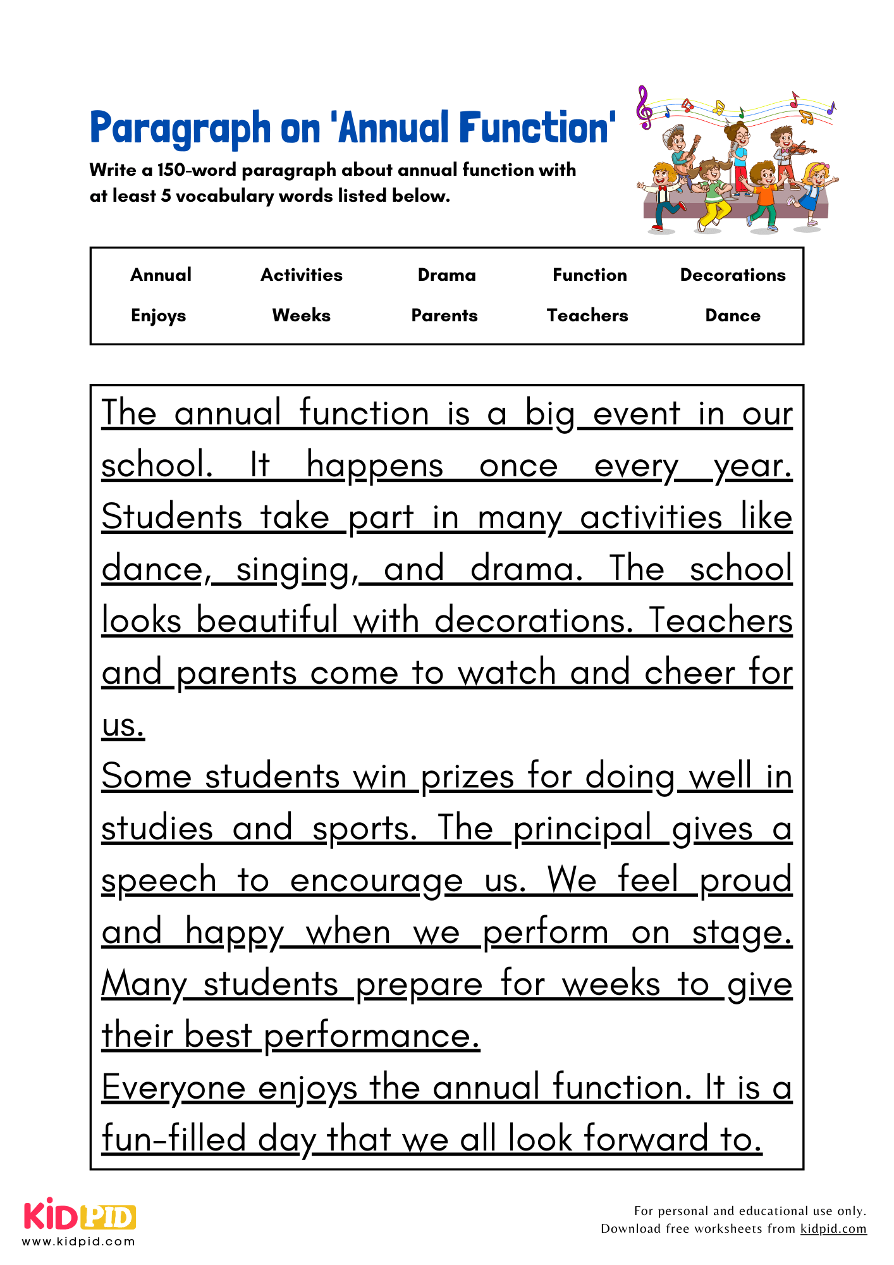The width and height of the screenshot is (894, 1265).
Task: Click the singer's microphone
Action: pyautogui.click(x=733, y=149)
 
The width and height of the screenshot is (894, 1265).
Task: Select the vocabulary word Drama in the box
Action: pyautogui.click(x=446, y=275)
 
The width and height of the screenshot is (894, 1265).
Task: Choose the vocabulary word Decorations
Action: pyautogui.click(x=732, y=275)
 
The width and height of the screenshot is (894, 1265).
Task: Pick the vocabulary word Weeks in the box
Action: pyautogui.click(x=301, y=315)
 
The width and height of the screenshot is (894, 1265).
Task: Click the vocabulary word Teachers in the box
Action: pyautogui.click(x=587, y=315)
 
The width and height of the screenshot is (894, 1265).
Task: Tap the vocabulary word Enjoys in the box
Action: pyautogui.click(x=158, y=316)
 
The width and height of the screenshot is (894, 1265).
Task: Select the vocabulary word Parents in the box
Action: pyautogui.click(x=444, y=315)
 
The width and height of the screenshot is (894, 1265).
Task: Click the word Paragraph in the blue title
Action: pyautogui.click(x=180, y=128)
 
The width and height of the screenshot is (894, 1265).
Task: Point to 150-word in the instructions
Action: pyautogui.click(x=197, y=170)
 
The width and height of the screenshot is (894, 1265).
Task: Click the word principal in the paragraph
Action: pyautogui.click(x=582, y=829)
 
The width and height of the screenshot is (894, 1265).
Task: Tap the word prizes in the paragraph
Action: pyautogui.click(x=467, y=777)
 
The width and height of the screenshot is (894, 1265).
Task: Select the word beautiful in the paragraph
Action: pyautogui.click(x=267, y=620)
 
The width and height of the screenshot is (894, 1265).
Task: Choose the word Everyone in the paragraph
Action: pyautogui.click(x=173, y=1089)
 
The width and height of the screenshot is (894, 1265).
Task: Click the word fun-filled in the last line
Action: pyautogui.click(x=173, y=1140)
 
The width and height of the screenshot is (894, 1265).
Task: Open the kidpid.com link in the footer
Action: pyautogui.click(x=833, y=1229)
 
